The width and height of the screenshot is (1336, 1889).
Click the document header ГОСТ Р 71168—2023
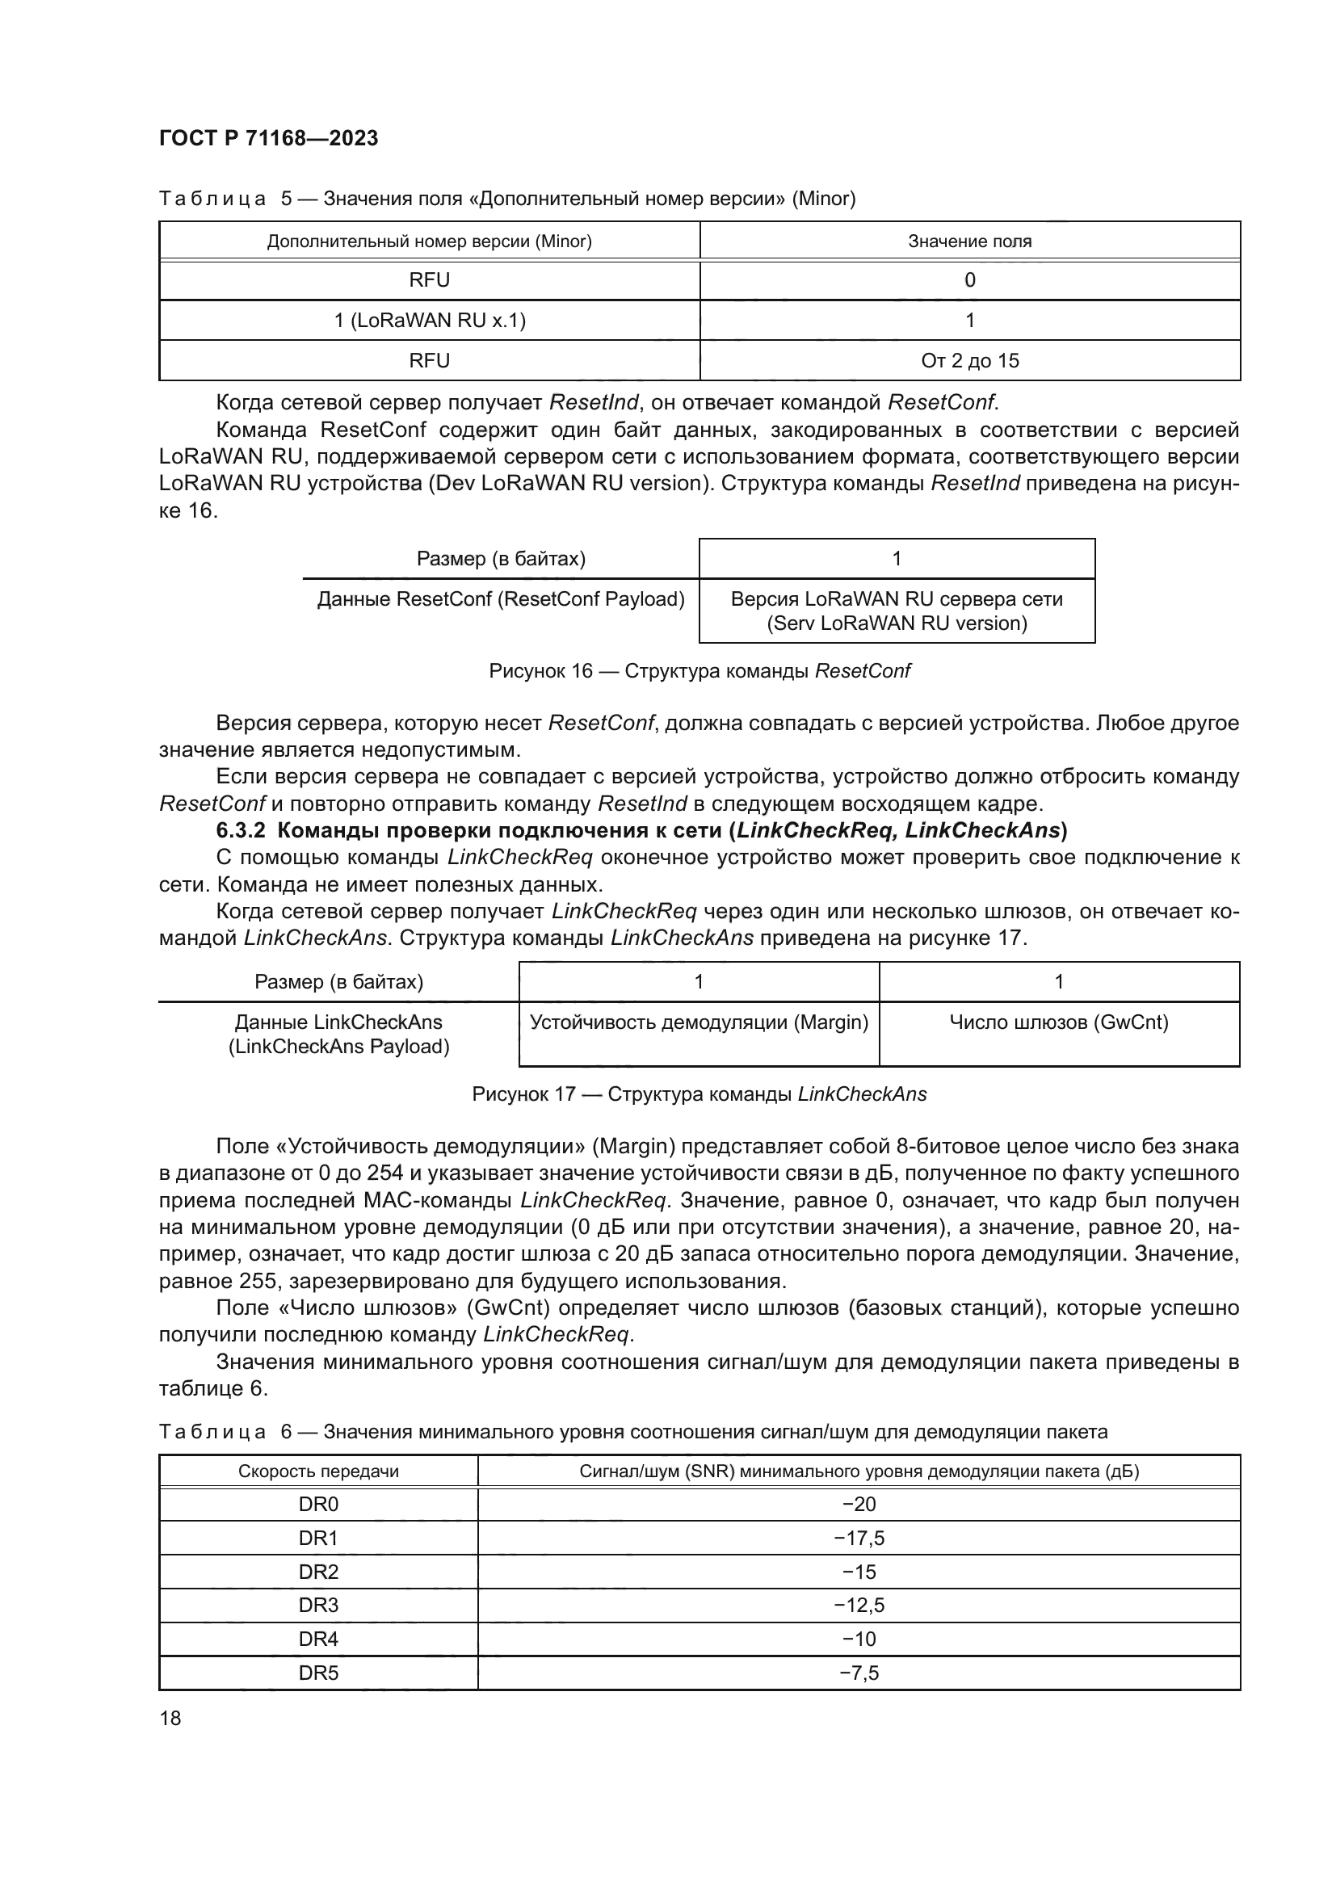pyautogui.click(x=268, y=138)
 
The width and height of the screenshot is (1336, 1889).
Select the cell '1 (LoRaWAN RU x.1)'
pyautogui.click(x=430, y=320)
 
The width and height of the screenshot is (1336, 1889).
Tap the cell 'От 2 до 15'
pyautogui.click(x=970, y=360)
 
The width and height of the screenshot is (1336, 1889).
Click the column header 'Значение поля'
pyautogui.click(x=970, y=241)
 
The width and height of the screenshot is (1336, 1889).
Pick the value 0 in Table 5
pyautogui.click(x=970, y=280)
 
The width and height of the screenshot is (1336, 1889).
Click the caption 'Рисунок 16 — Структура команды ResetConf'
pyautogui.click(x=700, y=670)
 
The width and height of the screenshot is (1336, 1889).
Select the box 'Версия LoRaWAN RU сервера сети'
pyautogui.click(x=897, y=611)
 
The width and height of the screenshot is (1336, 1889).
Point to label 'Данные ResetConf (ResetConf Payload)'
pyautogui.click(x=501, y=599)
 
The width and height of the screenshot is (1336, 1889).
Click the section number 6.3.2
pyautogui.click(x=240, y=830)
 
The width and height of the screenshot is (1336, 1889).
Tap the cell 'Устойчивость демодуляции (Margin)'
pyautogui.click(x=700, y=1022)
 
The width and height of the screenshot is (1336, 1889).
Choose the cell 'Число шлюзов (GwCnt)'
pyautogui.click(x=1059, y=1022)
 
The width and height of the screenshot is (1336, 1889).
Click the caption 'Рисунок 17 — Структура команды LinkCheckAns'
pyautogui.click(x=700, y=1094)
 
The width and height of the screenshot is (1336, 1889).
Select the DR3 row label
pyautogui.click(x=318, y=1606)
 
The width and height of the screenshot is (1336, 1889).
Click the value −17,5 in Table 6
pyautogui.click(x=859, y=1538)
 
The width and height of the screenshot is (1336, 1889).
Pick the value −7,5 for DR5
pyautogui.click(x=859, y=1673)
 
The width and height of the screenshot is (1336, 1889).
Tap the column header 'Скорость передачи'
pyautogui.click(x=318, y=1471)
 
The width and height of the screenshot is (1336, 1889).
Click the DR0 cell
pyautogui.click(x=318, y=1504)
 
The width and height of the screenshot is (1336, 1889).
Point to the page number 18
pyautogui.click(x=170, y=1718)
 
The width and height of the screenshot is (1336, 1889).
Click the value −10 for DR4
pyautogui.click(x=859, y=1639)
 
